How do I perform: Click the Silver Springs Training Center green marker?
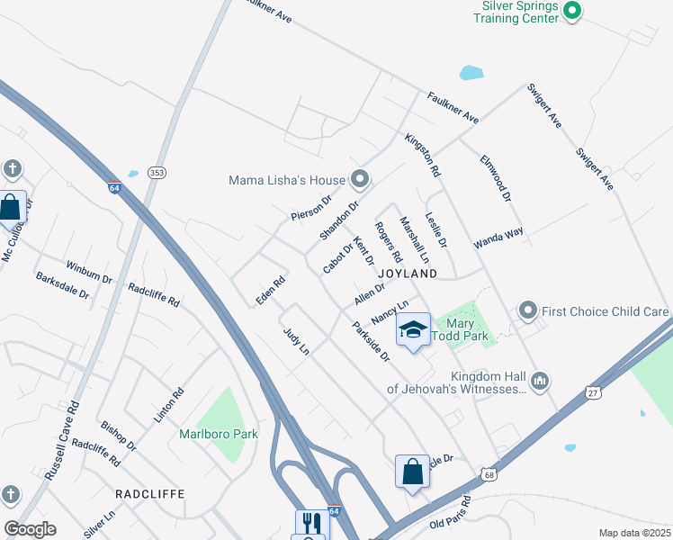click(572, 11)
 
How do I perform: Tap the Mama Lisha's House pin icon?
click(360, 180)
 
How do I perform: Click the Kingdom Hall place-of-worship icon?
click(540, 382)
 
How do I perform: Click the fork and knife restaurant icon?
click(312, 525)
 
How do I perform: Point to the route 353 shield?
click(157, 173)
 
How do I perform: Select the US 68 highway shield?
click(489, 473)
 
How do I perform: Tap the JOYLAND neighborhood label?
click(408, 273)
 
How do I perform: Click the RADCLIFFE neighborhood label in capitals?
click(149, 494)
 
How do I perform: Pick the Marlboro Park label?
click(218, 434)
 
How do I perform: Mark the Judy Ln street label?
click(296, 341)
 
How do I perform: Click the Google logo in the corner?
click(30, 529)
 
